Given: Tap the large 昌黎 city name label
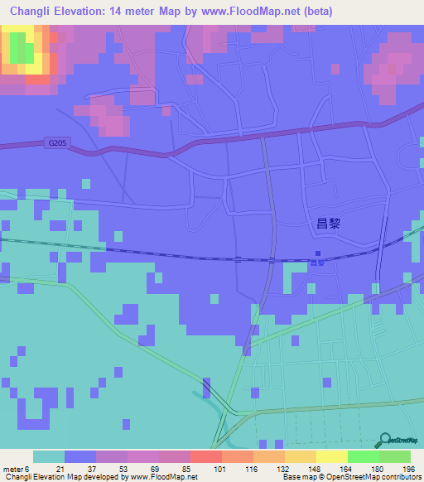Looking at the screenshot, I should (x=329, y=222).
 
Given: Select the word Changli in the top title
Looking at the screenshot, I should (x=35, y=11).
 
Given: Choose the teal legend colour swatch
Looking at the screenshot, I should (x=49, y=456).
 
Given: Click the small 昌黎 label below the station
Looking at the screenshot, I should (x=317, y=263).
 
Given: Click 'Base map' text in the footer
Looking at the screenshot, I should (x=296, y=477).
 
